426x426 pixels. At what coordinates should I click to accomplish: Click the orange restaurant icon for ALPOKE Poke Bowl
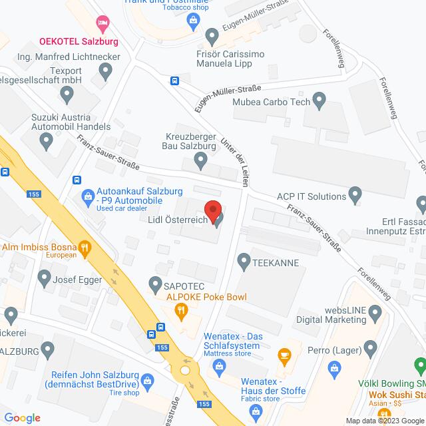(x=180, y=310)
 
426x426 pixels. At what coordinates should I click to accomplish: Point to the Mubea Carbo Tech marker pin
(x=319, y=102)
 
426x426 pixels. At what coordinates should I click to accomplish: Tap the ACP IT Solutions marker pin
(x=355, y=196)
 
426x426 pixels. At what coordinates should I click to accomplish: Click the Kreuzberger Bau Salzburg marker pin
(x=200, y=159)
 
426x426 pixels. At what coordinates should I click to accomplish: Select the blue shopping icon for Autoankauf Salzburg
(x=87, y=196)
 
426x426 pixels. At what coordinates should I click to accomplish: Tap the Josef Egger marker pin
(x=45, y=276)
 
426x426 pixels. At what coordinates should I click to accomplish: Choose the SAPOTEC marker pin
(x=156, y=283)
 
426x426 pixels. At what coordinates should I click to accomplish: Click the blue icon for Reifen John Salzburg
(x=148, y=380)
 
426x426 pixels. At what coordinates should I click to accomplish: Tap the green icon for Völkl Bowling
(x=419, y=365)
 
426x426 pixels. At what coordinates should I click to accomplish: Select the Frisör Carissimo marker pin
(x=212, y=35)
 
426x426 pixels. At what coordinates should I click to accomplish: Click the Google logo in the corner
(x=21, y=417)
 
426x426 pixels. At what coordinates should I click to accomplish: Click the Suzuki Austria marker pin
(x=47, y=140)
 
